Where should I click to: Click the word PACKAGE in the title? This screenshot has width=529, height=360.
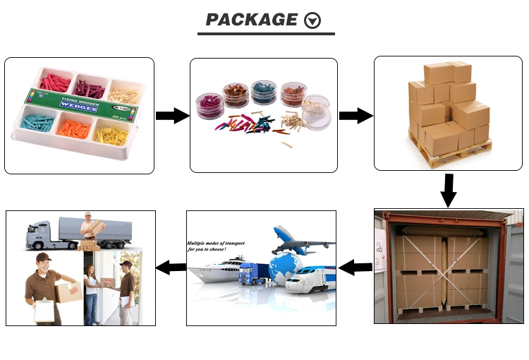[x=251, y=20]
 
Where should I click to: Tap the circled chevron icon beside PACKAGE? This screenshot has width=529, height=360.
[x=312, y=20]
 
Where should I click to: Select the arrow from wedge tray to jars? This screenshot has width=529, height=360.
[x=171, y=116]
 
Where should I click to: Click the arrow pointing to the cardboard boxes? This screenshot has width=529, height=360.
[x=355, y=116]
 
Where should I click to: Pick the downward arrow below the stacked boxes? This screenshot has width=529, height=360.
[x=448, y=189]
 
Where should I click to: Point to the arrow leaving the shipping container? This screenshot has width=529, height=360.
[x=355, y=267]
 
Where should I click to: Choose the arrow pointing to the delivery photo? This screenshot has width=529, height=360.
[x=170, y=267]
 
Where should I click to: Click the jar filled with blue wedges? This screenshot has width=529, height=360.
[x=264, y=92]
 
